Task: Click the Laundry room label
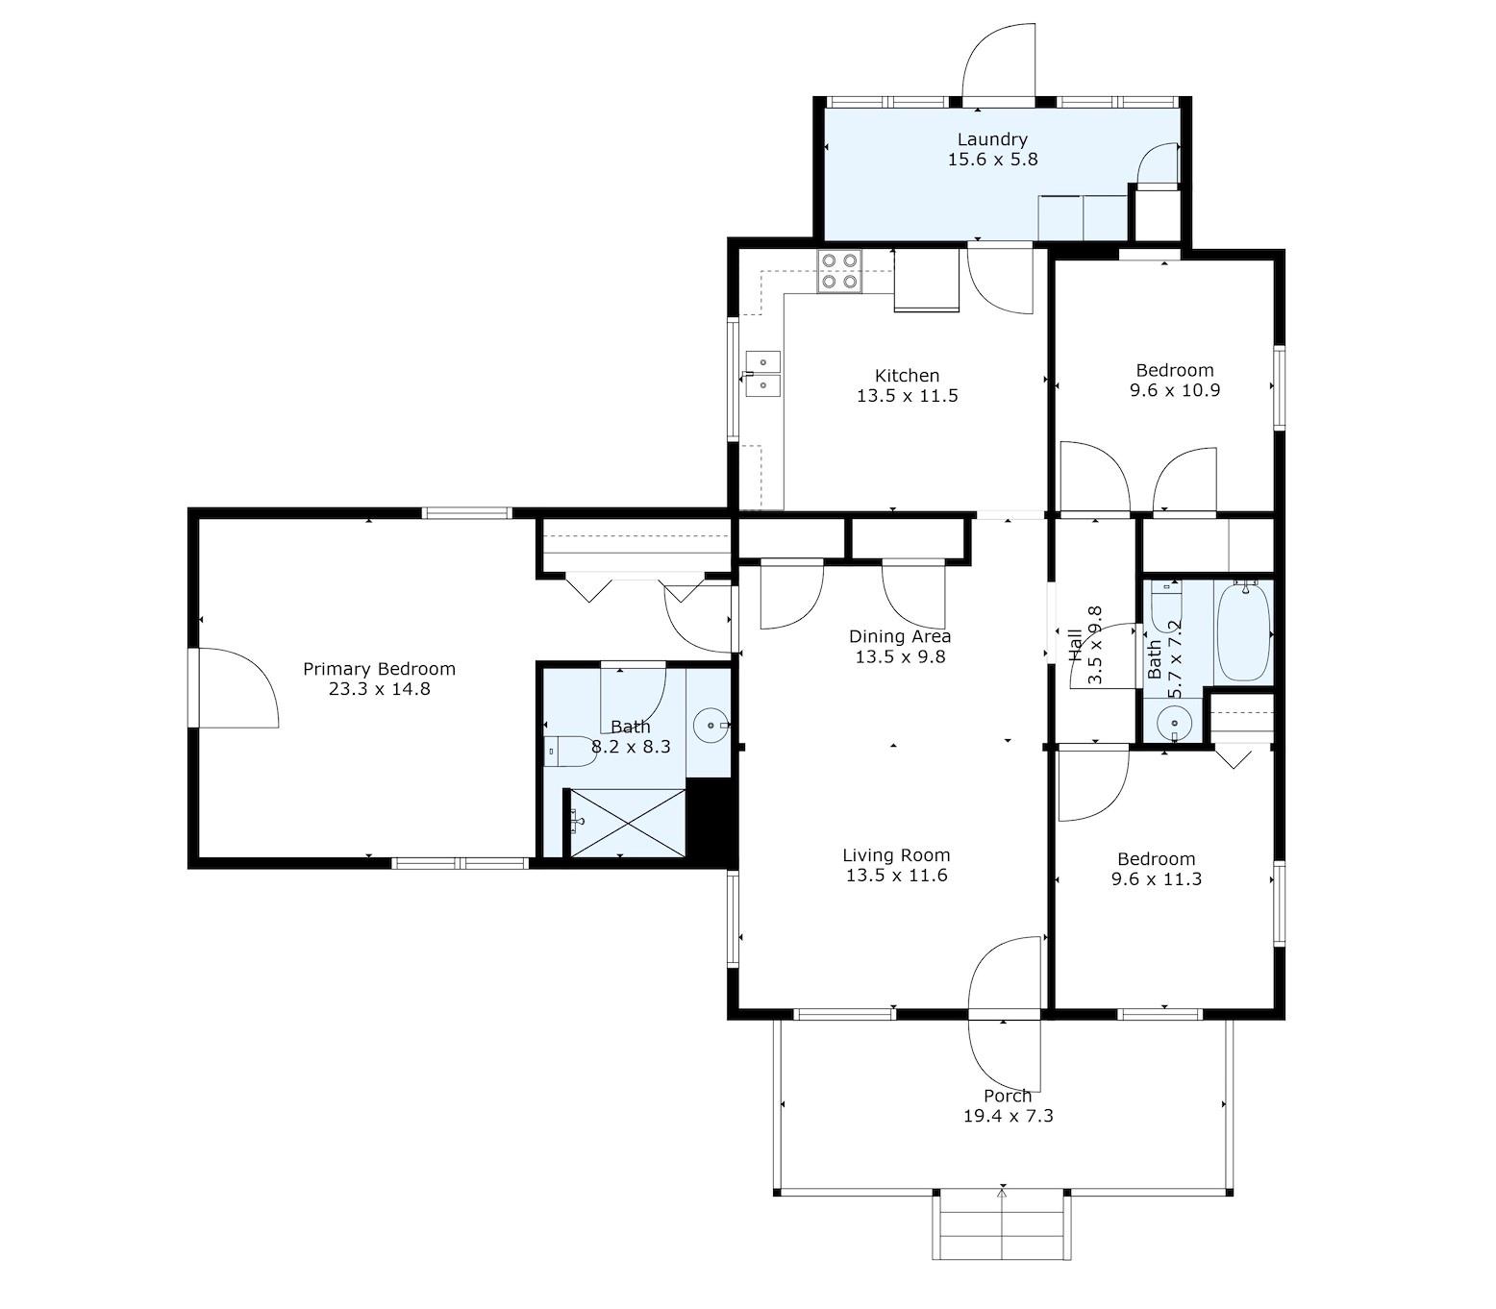(x=992, y=138)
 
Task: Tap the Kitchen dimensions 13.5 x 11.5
(x=907, y=395)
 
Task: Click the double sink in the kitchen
(x=762, y=373)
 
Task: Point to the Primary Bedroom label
(x=379, y=669)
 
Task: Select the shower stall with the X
(x=628, y=823)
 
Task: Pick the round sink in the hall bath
(x=1174, y=724)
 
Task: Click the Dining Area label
(x=899, y=636)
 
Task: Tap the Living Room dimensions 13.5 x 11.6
(x=896, y=875)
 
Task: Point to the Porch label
(x=1008, y=1096)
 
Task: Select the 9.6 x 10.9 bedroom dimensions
(x=1174, y=389)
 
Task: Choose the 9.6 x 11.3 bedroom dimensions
(x=1156, y=878)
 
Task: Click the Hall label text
(x=1075, y=645)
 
